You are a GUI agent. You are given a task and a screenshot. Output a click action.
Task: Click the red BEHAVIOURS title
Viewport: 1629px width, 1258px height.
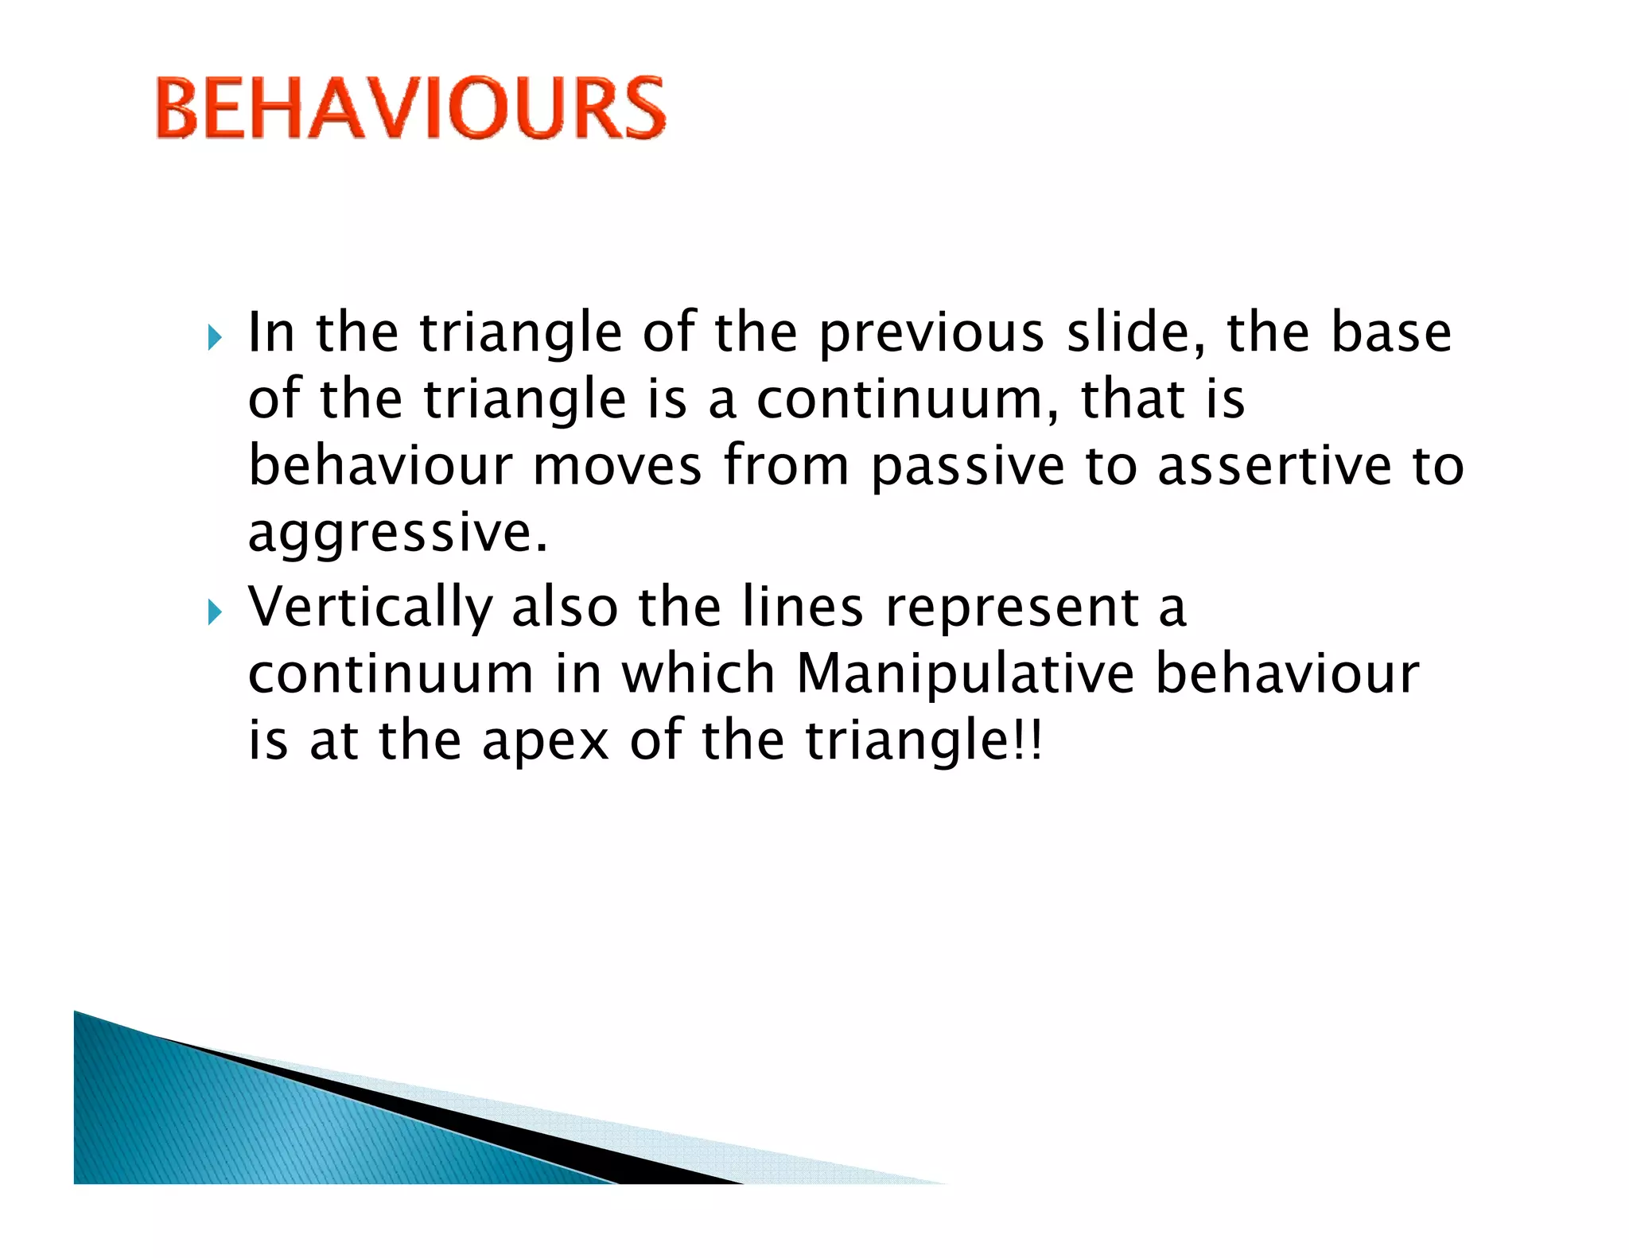pos(410,108)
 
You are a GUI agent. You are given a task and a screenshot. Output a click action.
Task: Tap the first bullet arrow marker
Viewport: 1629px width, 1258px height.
pos(214,337)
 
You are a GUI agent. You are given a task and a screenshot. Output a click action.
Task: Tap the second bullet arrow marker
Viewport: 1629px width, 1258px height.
pos(214,612)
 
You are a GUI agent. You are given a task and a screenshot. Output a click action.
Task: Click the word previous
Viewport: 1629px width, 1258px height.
pos(931,334)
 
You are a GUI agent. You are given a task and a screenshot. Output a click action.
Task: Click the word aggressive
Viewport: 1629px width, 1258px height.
pos(397,534)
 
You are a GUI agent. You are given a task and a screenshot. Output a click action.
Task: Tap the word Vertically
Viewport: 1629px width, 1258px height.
pos(370,608)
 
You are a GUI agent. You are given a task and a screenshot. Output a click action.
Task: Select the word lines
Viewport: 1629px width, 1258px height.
pos(802,607)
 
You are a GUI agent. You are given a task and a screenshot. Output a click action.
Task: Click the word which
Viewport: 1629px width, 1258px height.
pos(698,674)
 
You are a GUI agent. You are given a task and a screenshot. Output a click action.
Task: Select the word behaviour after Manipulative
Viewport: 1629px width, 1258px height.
pos(1286,674)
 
